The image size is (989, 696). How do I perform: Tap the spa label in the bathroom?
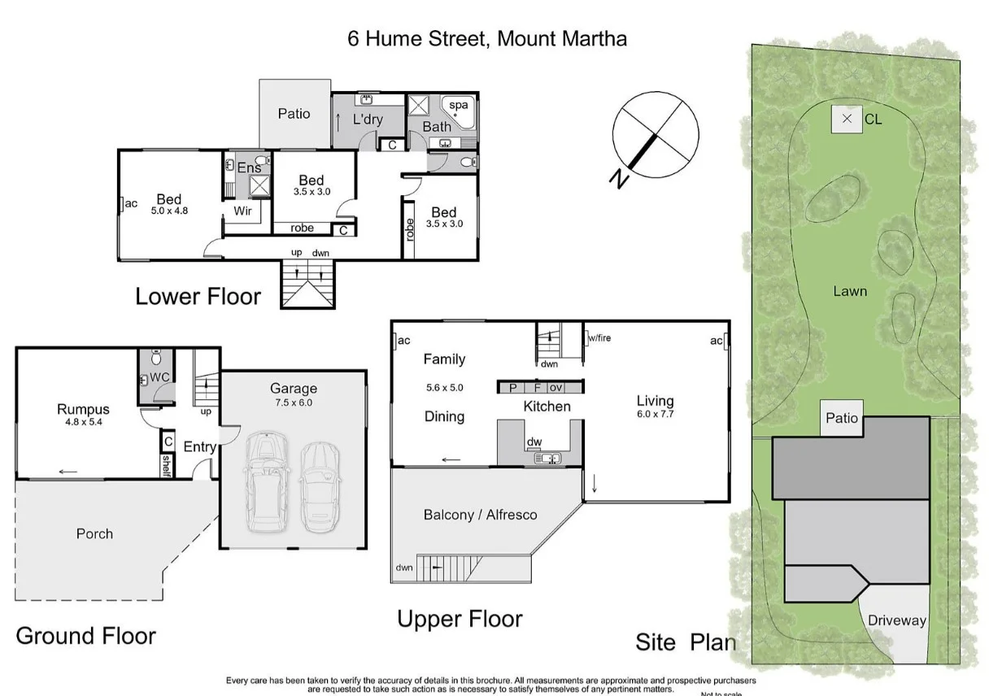(x=460, y=105)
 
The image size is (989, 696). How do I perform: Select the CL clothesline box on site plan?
(x=847, y=120)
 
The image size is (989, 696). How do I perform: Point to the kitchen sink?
(x=547, y=459)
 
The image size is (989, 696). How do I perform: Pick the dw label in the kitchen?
(x=534, y=442)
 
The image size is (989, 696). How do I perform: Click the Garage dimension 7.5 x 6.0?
(x=294, y=402)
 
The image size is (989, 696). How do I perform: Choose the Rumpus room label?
(x=83, y=409)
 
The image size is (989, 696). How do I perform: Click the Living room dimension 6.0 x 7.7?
(x=655, y=414)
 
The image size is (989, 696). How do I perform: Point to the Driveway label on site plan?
(x=896, y=620)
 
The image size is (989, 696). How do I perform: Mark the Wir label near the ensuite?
(x=242, y=211)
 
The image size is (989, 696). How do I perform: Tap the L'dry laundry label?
(x=368, y=120)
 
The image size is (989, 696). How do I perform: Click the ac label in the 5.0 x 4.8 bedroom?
(x=130, y=203)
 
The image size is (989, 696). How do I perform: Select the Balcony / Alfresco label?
(x=480, y=515)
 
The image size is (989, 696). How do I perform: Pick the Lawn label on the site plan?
(x=850, y=291)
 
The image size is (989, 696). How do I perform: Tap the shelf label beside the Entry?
(x=167, y=464)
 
